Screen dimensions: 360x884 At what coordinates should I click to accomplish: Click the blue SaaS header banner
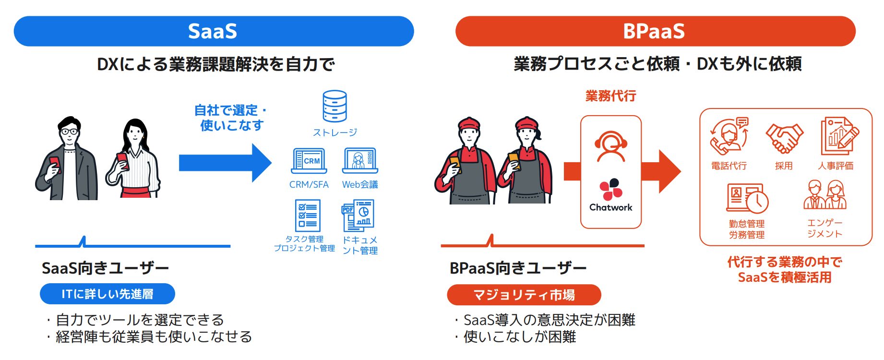point(214,31)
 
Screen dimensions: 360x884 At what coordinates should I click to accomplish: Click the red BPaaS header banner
point(655,31)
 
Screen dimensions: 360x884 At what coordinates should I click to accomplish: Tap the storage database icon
point(334,106)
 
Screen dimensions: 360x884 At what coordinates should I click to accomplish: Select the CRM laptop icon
point(309,161)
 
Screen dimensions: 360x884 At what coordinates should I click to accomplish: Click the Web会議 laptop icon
point(360,161)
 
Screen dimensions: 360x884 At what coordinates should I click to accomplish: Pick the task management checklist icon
point(307,216)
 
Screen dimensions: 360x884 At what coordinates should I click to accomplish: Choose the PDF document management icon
point(358,216)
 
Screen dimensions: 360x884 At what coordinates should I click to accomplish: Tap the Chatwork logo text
point(610,207)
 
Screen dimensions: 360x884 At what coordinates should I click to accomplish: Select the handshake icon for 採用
point(784,138)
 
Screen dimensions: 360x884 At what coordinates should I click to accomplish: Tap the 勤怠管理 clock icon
point(747,198)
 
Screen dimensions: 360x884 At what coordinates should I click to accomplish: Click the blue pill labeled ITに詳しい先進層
point(107,294)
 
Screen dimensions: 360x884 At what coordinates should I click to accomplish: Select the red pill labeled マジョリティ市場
point(524,295)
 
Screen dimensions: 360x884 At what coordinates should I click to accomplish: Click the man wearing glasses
point(67,158)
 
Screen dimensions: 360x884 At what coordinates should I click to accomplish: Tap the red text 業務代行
point(610,96)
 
